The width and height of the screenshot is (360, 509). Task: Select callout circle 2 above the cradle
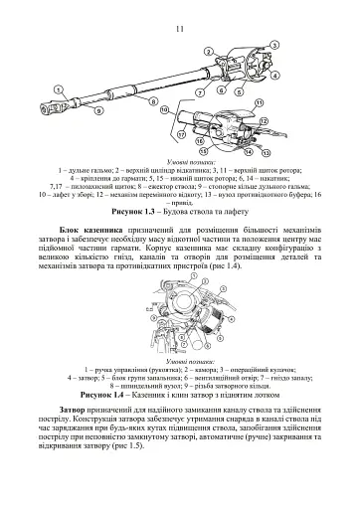coord(208,50)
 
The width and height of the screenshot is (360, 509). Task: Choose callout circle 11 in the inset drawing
coord(259,101)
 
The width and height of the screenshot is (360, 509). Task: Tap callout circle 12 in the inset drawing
coord(264,120)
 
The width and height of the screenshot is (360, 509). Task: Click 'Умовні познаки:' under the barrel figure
coord(180,160)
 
